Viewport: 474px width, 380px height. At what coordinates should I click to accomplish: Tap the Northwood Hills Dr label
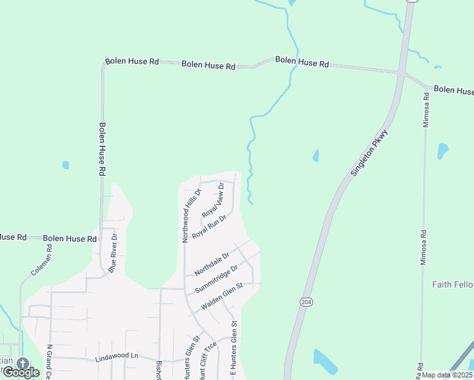(190, 215)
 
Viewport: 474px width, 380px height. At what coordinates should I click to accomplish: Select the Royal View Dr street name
(213, 199)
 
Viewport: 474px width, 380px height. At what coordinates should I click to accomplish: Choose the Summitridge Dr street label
(217, 279)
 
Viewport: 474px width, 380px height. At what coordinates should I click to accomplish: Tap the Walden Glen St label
(222, 297)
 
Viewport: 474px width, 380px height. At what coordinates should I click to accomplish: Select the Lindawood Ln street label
(117, 357)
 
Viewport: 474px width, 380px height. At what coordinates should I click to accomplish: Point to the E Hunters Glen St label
(233, 349)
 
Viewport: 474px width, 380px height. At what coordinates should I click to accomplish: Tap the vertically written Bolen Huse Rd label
(101, 149)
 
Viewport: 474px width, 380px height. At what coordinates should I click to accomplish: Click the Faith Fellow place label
(452, 284)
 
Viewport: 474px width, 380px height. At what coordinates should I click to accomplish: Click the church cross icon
(23, 364)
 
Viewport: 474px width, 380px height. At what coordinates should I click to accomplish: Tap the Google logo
(21, 372)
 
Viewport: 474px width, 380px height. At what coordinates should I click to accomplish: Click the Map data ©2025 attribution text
(447, 375)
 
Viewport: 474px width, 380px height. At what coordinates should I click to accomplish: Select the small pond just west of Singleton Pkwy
(316, 155)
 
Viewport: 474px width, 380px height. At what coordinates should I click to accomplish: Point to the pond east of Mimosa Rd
(442, 151)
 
